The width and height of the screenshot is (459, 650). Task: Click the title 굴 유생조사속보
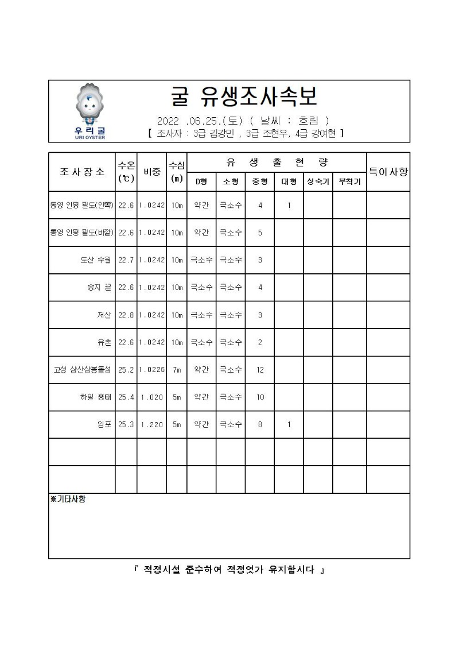point(244,97)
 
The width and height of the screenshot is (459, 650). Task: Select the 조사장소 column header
point(82,172)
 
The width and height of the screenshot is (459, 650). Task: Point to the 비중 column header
point(151,172)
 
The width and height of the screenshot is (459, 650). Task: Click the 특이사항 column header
point(388,171)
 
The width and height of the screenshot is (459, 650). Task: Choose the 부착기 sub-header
point(349,181)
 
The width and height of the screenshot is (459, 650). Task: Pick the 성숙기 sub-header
point(318,181)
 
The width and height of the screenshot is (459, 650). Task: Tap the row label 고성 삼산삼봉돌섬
point(83,370)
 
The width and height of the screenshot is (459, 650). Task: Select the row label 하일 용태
point(96,397)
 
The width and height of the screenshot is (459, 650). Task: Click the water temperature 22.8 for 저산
point(126,315)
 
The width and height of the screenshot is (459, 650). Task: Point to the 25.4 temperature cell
point(126,397)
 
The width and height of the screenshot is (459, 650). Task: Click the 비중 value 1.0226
point(151,370)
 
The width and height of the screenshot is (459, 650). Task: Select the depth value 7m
point(177,370)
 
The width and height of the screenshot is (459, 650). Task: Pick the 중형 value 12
point(260,370)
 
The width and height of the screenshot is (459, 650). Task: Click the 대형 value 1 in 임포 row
point(289,425)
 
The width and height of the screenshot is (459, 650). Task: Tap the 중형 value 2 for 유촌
point(260,343)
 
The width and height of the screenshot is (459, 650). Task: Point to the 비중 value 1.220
point(151,425)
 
